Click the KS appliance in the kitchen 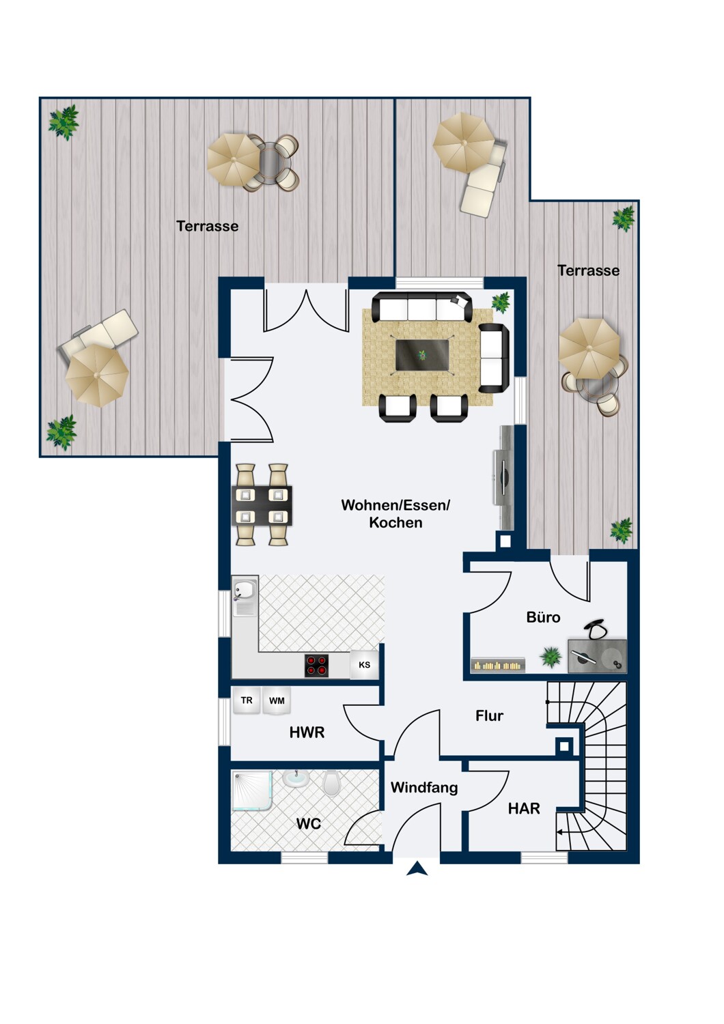[364, 665]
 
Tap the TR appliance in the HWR [247, 701]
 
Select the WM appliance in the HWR [277, 701]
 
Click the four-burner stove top [316, 666]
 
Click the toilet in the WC [331, 783]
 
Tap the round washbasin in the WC [296, 778]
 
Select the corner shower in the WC [252, 791]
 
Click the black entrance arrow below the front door [417, 869]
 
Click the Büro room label [543, 617]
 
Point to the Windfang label [424, 787]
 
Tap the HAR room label [524, 808]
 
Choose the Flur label [489, 715]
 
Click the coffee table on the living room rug [422, 355]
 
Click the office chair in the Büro [598, 629]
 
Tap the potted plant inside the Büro [550, 657]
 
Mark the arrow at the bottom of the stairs [561, 832]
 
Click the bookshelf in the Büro [498, 665]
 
